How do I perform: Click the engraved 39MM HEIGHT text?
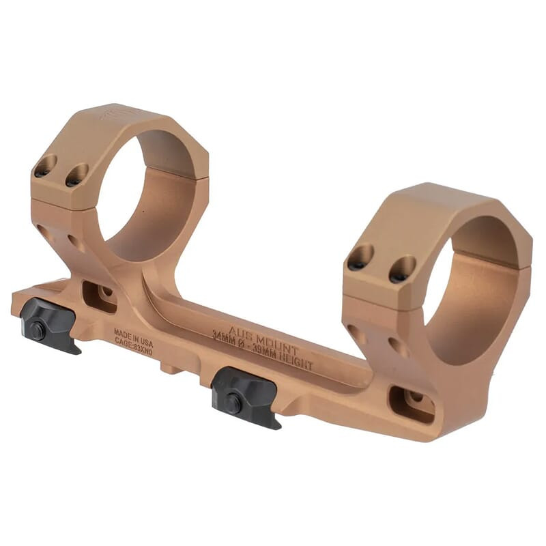[x=285, y=360]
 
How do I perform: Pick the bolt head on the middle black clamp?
[x=233, y=404]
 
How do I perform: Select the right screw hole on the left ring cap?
[x=76, y=175]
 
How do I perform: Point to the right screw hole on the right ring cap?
[x=402, y=269]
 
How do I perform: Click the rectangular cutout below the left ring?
[x=100, y=296]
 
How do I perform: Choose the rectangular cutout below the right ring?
[x=411, y=404]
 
